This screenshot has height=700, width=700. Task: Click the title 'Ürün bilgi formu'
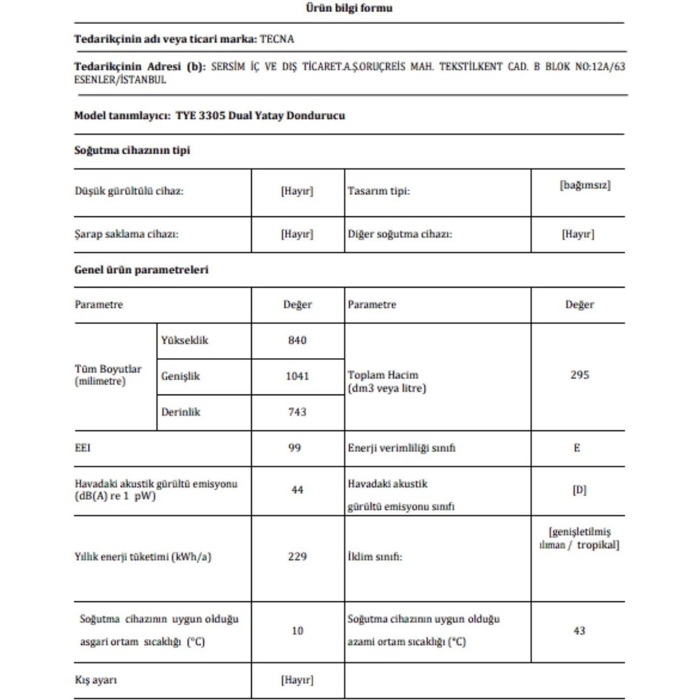point(349,8)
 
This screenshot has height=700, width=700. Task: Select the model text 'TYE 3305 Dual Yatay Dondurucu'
point(260,116)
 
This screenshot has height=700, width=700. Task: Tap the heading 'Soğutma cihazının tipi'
point(132,151)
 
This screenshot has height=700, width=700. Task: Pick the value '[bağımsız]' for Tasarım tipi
point(585,185)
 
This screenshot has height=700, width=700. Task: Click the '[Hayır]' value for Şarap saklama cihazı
point(296,234)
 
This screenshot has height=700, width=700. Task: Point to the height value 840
point(296,341)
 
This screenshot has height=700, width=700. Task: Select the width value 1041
point(297,376)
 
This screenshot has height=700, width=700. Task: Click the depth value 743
point(296,412)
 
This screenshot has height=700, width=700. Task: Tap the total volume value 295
point(579,375)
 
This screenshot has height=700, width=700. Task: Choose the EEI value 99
point(295,448)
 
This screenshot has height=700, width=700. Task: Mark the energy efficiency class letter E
point(577,448)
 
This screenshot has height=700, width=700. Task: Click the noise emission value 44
point(297,490)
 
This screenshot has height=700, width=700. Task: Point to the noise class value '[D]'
point(579,490)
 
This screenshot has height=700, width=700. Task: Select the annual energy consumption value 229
point(296,557)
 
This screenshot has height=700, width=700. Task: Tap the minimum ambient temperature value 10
point(297,631)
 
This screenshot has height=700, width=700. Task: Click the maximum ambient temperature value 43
point(579,631)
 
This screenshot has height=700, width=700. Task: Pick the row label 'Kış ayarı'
point(96,680)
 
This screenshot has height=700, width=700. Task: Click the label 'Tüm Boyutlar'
point(108,370)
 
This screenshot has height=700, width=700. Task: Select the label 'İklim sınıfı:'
point(375,557)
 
